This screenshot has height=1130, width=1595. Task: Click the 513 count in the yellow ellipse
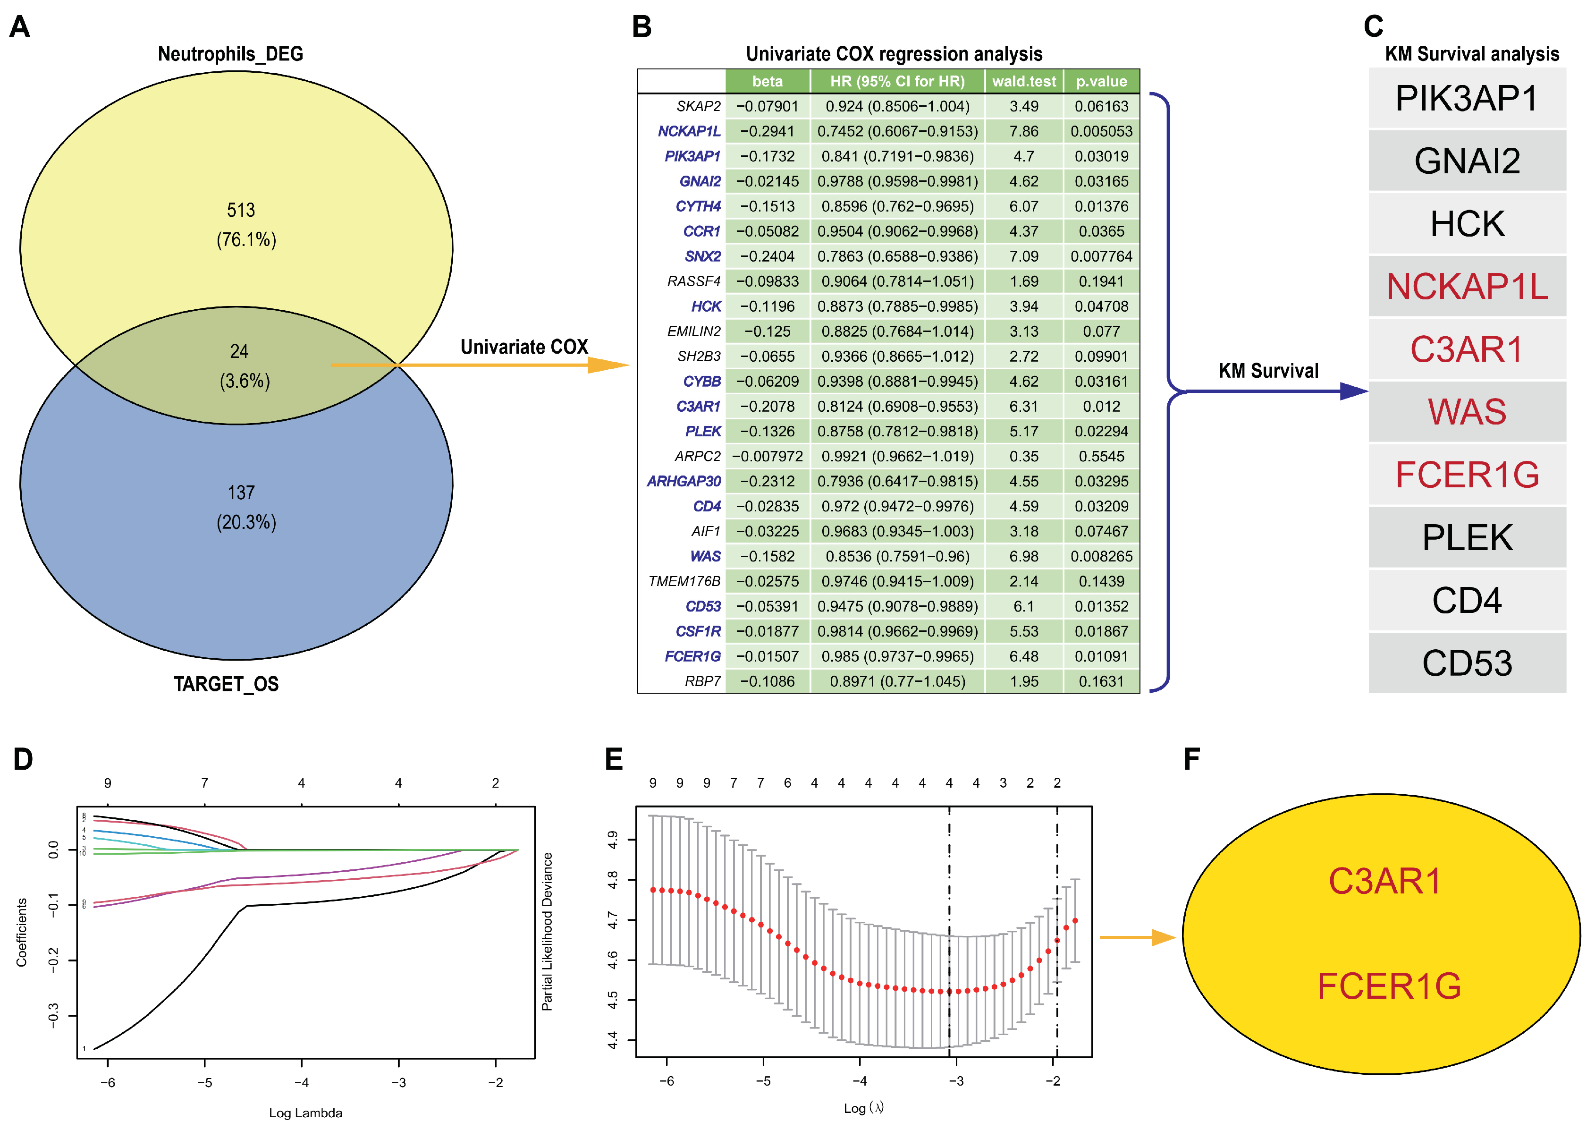[x=241, y=210]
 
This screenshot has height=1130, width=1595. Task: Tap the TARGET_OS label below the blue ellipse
[x=226, y=684]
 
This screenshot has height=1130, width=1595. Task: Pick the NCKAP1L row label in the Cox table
[x=689, y=131]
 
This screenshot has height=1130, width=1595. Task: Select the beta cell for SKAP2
[x=767, y=106]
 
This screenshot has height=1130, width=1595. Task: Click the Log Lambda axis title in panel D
[x=305, y=1113]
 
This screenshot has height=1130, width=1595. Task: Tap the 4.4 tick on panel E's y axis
[x=612, y=1040]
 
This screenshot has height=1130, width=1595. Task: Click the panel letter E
[x=614, y=759]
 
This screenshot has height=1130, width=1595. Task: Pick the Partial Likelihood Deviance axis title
[x=548, y=931]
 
